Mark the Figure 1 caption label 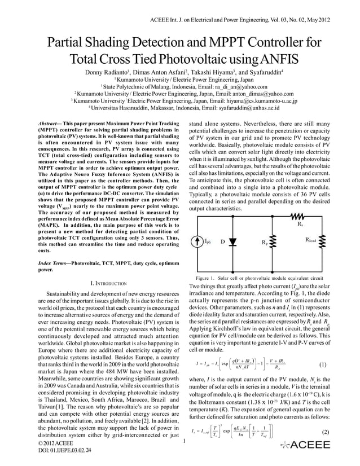[207, 279]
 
